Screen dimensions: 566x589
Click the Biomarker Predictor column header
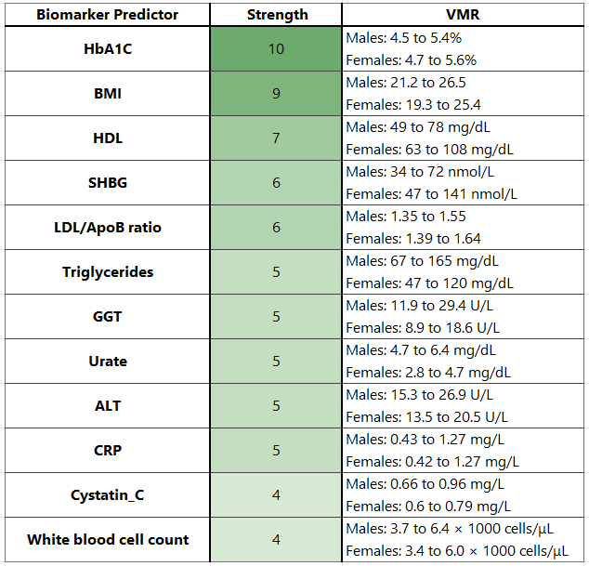tap(108, 15)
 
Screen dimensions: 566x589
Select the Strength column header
tap(276, 15)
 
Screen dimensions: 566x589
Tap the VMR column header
tap(464, 15)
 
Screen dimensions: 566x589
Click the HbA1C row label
tap(108, 49)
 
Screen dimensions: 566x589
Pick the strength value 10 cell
tap(276, 49)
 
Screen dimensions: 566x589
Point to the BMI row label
tap(108, 94)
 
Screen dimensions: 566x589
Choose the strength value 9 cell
tap(276, 94)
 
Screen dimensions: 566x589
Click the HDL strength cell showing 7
tap(276, 138)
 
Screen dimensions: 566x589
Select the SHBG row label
tap(108, 183)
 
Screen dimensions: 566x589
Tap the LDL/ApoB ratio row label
tap(108, 228)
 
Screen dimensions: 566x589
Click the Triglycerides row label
tap(108, 272)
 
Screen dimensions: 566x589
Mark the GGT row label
tap(108, 317)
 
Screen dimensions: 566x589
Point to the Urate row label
tap(108, 362)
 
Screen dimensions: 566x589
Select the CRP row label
tap(108, 451)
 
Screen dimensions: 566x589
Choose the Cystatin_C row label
tap(108, 495)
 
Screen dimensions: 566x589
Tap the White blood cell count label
tap(108, 540)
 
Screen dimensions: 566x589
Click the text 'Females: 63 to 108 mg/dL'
tap(430, 150)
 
